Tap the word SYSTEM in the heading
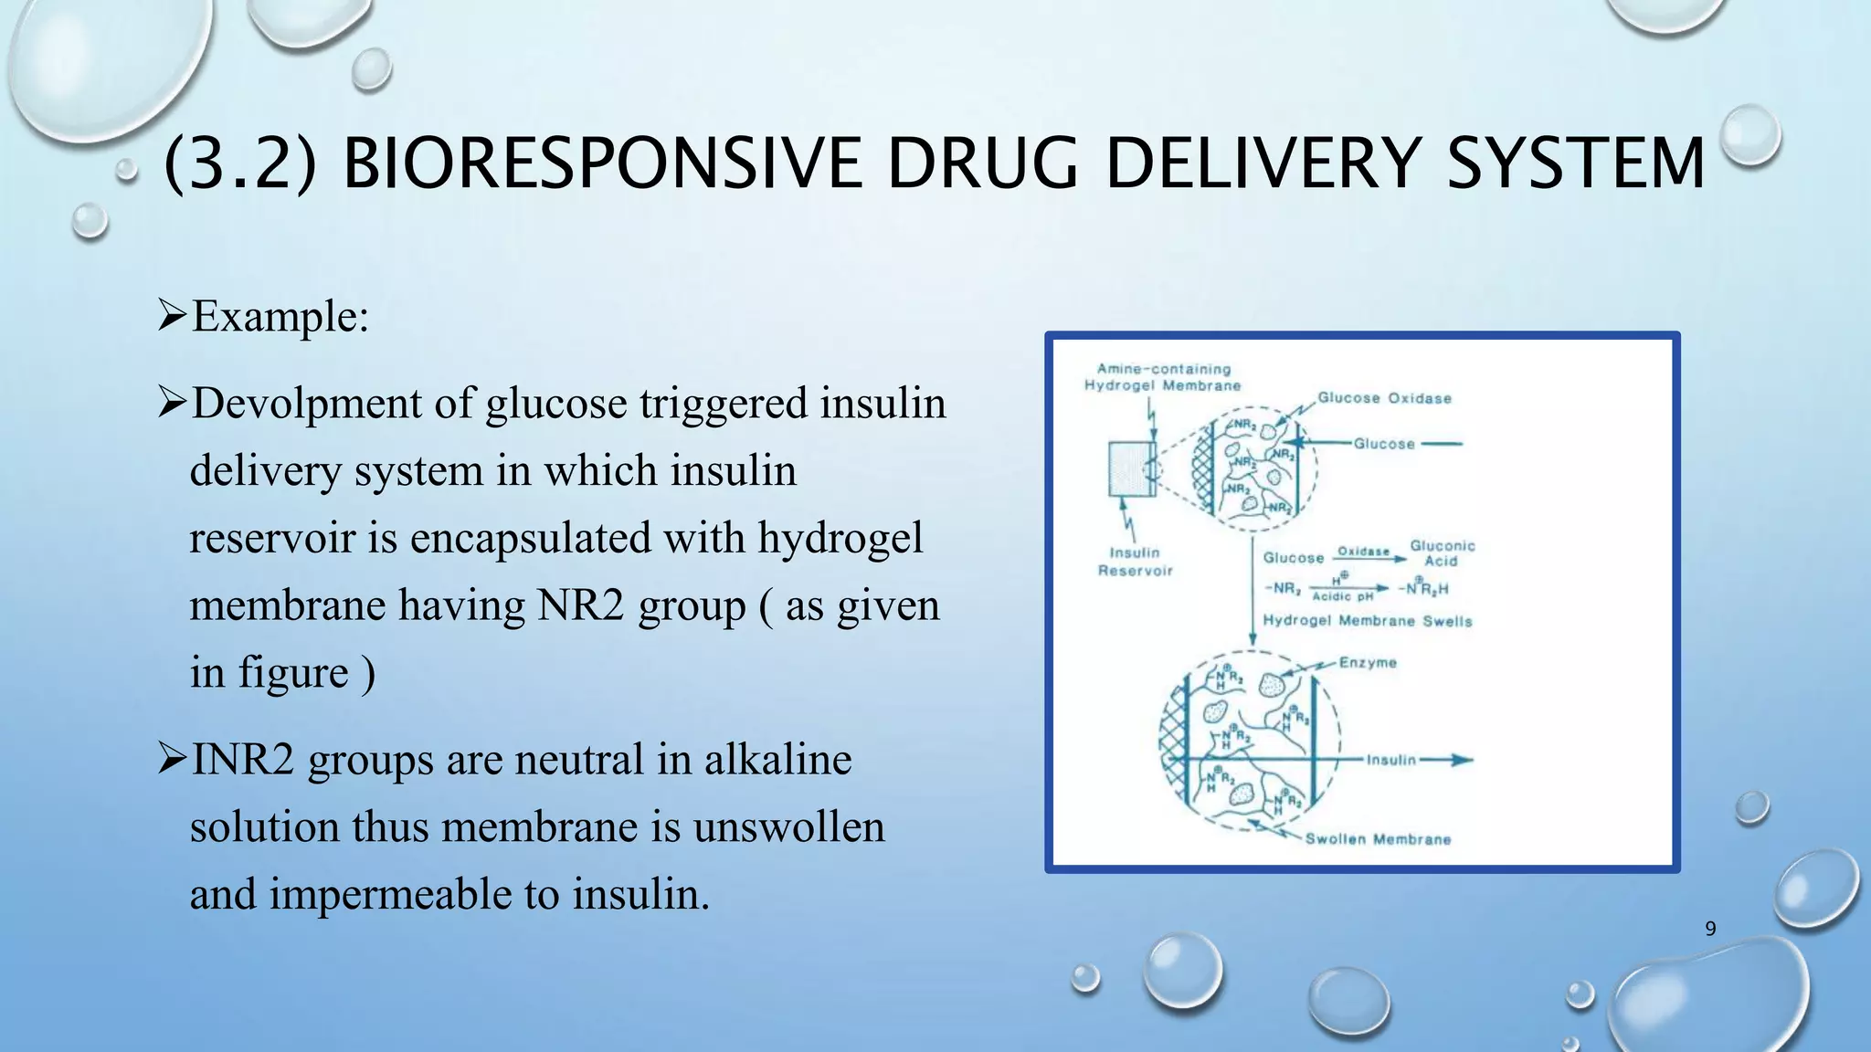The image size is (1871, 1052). point(1575,163)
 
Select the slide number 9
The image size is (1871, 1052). point(1710,929)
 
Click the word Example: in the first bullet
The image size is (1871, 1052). point(280,317)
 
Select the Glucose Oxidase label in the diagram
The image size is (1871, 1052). point(1384,398)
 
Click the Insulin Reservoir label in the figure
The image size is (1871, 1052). point(1135,562)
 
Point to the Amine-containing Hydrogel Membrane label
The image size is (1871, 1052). point(1163,377)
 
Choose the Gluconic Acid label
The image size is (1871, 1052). point(1442,552)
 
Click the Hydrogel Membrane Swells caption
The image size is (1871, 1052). point(1367,621)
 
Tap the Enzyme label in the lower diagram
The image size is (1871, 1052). point(1368,662)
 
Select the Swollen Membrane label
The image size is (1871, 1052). point(1377,839)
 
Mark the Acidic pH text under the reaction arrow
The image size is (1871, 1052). point(1342,596)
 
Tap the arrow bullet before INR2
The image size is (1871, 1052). point(172,759)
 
